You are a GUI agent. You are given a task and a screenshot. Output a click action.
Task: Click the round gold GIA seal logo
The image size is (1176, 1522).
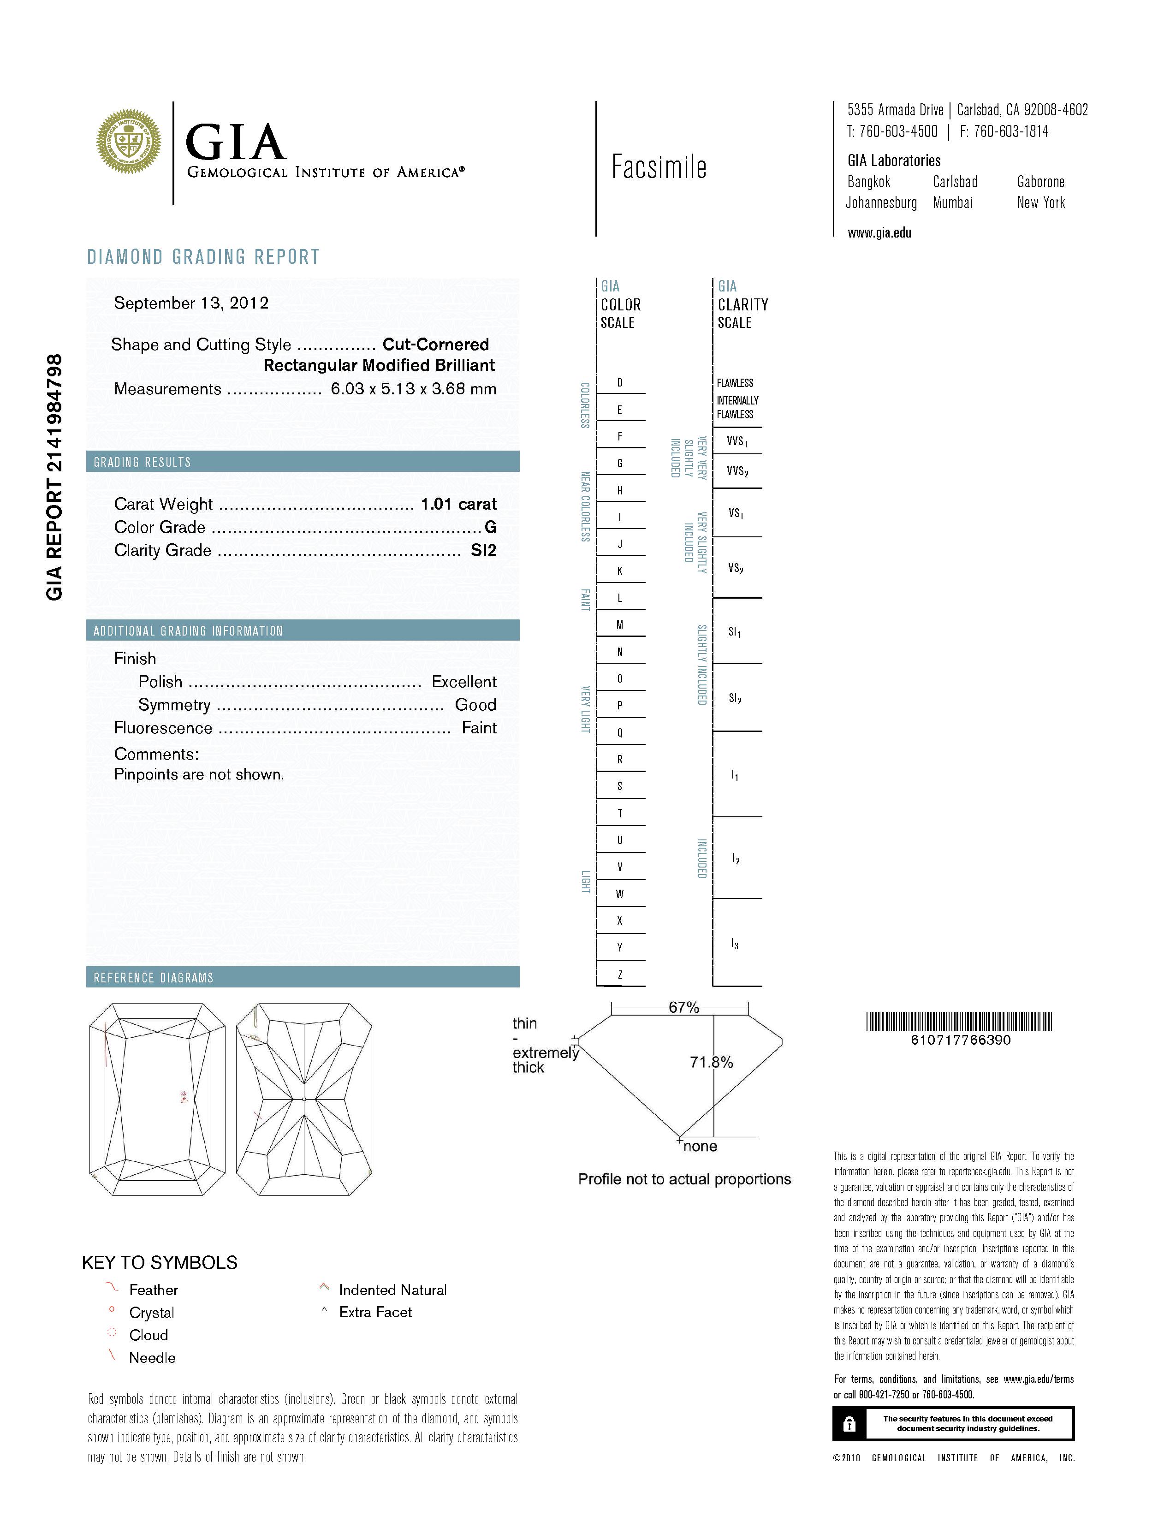point(129,142)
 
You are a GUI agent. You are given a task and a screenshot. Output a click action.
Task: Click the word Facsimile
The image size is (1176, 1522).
point(659,167)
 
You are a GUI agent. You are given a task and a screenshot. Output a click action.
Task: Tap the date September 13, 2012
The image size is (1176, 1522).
point(191,303)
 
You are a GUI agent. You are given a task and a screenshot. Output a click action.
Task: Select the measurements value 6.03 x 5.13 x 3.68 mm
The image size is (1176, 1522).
point(413,389)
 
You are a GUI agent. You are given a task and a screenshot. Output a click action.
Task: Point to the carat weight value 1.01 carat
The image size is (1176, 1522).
point(458,504)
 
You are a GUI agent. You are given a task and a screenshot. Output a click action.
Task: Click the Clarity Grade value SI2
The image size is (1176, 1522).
point(483,551)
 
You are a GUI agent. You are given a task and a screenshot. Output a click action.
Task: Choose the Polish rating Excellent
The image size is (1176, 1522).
point(464,682)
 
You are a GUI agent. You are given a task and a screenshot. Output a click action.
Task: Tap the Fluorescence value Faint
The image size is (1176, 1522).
point(479,727)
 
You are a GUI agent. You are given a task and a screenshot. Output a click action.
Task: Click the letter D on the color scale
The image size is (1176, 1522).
point(620,383)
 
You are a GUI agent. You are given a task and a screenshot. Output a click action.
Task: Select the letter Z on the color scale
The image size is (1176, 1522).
point(620,974)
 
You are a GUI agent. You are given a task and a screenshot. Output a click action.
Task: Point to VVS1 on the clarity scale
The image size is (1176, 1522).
point(737,441)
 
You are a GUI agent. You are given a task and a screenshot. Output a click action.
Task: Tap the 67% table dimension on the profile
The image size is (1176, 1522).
point(683,1007)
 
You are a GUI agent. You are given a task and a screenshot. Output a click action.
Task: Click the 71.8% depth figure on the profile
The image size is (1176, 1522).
point(711,1062)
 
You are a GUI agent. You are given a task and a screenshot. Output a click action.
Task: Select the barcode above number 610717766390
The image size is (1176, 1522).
point(959,1022)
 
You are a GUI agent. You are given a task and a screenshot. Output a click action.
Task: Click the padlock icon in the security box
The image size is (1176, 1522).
point(849,1424)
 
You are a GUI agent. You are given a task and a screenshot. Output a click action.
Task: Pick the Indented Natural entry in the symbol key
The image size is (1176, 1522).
point(392,1290)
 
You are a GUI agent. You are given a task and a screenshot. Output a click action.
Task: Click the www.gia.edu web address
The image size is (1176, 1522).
point(879,233)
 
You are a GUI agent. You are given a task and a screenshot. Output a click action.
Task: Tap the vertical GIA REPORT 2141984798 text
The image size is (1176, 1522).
point(54,477)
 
